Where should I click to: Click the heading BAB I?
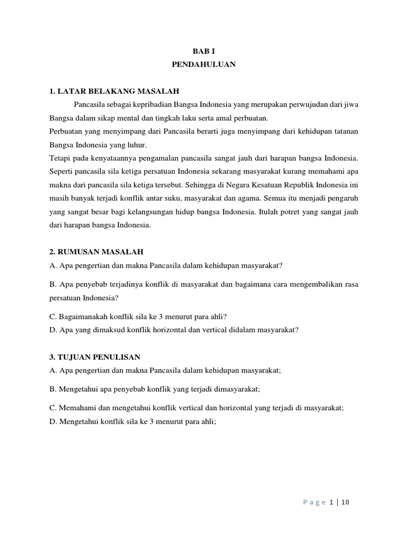point(204,52)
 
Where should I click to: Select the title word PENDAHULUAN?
point(204,64)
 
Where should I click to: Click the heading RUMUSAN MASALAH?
point(100,251)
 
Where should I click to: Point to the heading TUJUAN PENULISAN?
point(98,357)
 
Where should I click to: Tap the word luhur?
point(136,144)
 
